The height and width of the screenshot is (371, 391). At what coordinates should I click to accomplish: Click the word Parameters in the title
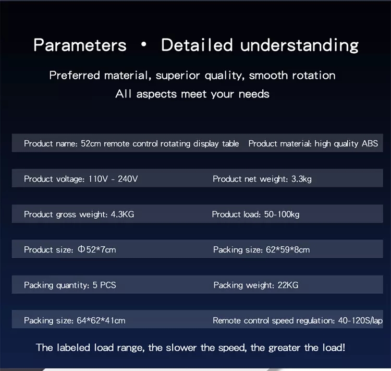point(80,45)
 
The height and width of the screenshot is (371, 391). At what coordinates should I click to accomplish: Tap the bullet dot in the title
point(144,44)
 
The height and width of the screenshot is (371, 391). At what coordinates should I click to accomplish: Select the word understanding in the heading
point(299,45)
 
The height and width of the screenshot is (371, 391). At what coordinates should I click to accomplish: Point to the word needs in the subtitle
point(254,94)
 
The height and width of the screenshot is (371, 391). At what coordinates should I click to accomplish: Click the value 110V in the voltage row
point(98,179)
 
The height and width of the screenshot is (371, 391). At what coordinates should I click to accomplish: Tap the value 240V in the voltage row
point(128,179)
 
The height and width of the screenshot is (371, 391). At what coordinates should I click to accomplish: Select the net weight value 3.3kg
point(301,179)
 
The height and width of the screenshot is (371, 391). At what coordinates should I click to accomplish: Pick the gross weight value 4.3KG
point(122,214)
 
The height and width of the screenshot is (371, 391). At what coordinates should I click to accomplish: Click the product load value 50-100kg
point(282,214)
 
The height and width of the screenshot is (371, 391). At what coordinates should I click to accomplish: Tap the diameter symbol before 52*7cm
point(81,249)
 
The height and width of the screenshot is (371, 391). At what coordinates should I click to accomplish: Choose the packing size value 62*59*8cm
point(288,249)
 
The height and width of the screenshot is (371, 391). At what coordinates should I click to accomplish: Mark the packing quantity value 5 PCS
point(104,285)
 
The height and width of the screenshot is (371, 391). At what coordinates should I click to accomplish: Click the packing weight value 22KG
point(288,285)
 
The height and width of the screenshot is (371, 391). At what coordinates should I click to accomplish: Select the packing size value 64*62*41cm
point(101,320)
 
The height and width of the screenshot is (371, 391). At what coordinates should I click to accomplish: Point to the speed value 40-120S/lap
point(360,320)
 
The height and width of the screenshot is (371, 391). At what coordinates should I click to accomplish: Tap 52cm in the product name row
point(91,143)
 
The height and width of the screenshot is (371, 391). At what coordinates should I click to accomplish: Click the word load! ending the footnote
point(334,348)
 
